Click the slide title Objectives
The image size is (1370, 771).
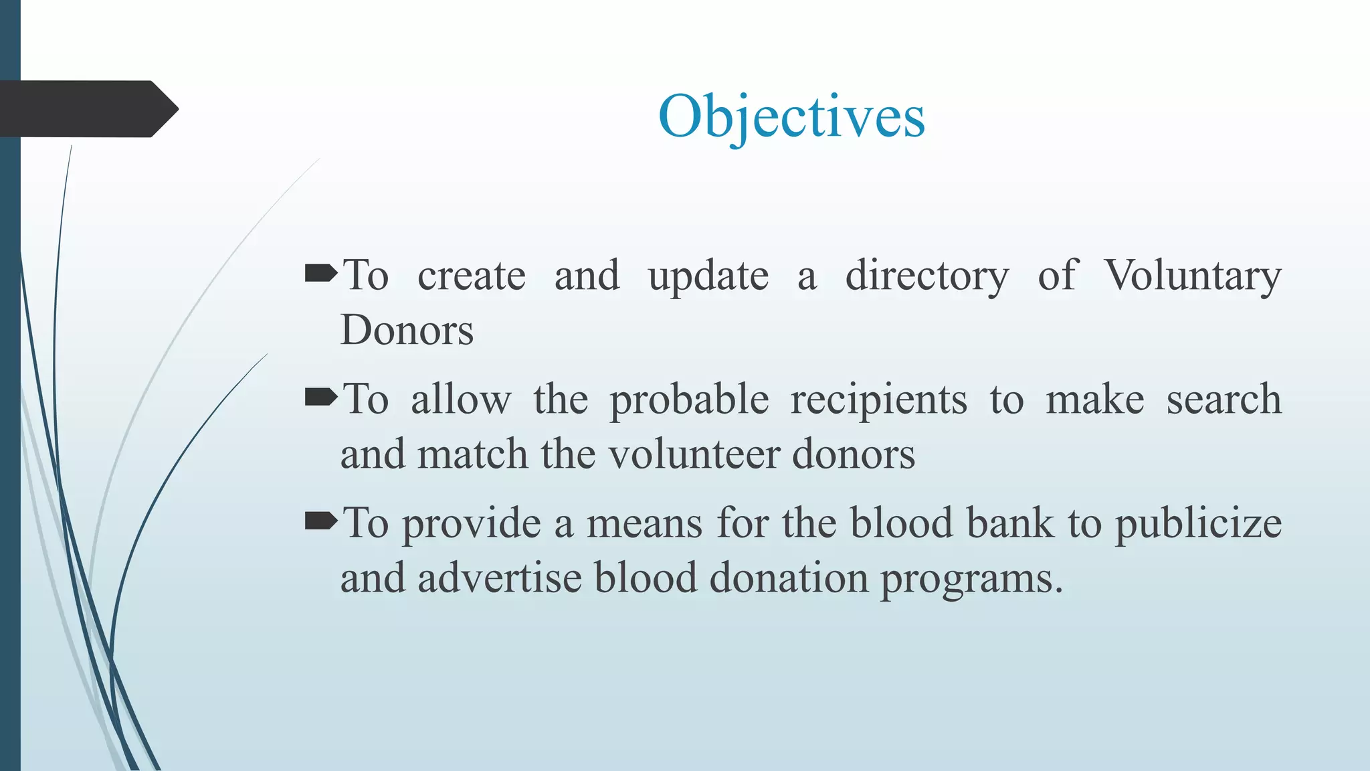pos(791,116)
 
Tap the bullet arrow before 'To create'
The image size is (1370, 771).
pos(321,274)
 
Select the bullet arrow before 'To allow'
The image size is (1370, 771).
pos(321,398)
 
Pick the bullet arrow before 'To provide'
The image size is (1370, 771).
pos(321,521)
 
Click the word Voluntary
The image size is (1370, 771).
pos(1192,275)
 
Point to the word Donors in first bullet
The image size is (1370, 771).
pos(407,330)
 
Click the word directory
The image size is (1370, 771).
pos(927,275)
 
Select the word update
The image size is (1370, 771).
pos(708,275)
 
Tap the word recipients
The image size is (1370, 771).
pos(878,400)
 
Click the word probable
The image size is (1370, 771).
pos(689,400)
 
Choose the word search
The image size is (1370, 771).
pos(1224,400)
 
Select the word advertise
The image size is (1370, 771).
pos(500,578)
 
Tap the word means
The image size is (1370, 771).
pos(644,523)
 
